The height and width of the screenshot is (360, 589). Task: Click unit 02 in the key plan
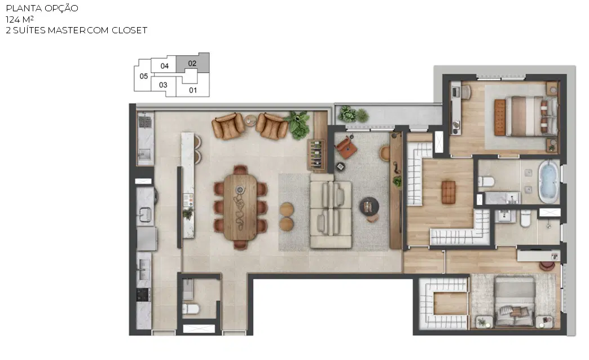coord(192,63)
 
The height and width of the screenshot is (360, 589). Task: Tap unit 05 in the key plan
coord(143,76)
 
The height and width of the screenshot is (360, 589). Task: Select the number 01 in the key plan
coord(193,90)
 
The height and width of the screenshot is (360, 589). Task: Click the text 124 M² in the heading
coord(20,19)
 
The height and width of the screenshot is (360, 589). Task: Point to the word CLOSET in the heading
coord(130,30)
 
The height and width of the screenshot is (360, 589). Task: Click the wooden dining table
coord(240,207)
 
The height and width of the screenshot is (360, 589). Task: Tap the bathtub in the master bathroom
coord(549,182)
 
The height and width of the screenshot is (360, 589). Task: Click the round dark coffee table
coord(369,206)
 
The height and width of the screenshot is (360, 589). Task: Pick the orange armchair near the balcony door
coord(346,147)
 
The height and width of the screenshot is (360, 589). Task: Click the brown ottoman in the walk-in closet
coord(449,192)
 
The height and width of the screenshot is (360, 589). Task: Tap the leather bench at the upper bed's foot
coord(500,117)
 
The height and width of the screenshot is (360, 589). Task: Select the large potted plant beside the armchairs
coord(298,125)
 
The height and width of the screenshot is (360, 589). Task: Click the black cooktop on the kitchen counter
coord(143,295)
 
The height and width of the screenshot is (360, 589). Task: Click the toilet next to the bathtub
coord(486,182)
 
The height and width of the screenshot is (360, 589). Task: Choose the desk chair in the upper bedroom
coord(466,93)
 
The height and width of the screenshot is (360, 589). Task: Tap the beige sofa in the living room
coord(331,215)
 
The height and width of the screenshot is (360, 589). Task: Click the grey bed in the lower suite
coord(515,301)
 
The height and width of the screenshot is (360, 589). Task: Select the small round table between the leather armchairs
coord(250,121)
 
